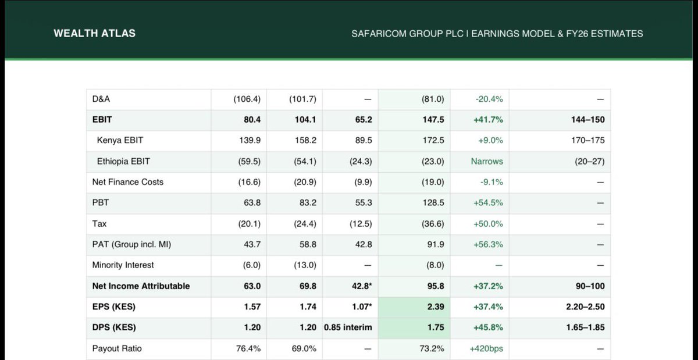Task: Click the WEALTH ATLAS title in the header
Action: [94, 34]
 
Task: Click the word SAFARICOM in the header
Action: [376, 34]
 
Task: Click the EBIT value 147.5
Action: [433, 120]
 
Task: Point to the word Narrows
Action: [487, 161]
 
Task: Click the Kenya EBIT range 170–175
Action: [588, 140]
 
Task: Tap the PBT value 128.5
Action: [433, 203]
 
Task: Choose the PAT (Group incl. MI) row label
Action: [131, 244]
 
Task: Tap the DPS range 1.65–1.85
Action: [585, 327]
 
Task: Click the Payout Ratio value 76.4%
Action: [248, 348]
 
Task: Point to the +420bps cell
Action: [486, 348]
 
